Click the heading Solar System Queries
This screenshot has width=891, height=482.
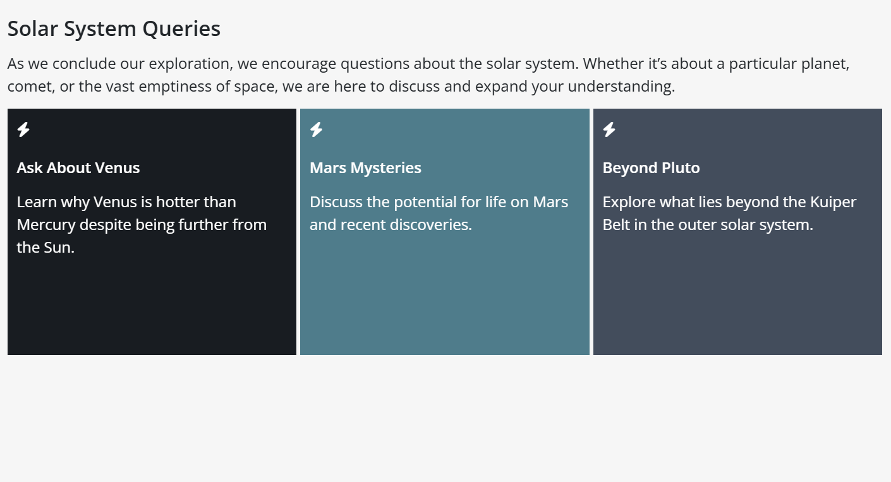pyautogui.click(x=114, y=29)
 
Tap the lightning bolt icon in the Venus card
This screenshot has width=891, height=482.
pyautogui.click(x=23, y=130)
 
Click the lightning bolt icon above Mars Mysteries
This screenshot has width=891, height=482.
pyautogui.click(x=317, y=130)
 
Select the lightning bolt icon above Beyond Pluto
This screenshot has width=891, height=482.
pyautogui.click(x=609, y=130)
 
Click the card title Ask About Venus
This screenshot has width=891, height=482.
pyautogui.click(x=78, y=168)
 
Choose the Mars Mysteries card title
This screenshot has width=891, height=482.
pyautogui.click(x=365, y=168)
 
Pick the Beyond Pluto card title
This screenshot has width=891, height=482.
pyautogui.click(x=651, y=168)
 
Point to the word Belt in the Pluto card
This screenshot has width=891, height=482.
pyautogui.click(x=616, y=225)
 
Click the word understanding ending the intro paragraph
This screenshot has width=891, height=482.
pyautogui.click(x=621, y=87)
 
